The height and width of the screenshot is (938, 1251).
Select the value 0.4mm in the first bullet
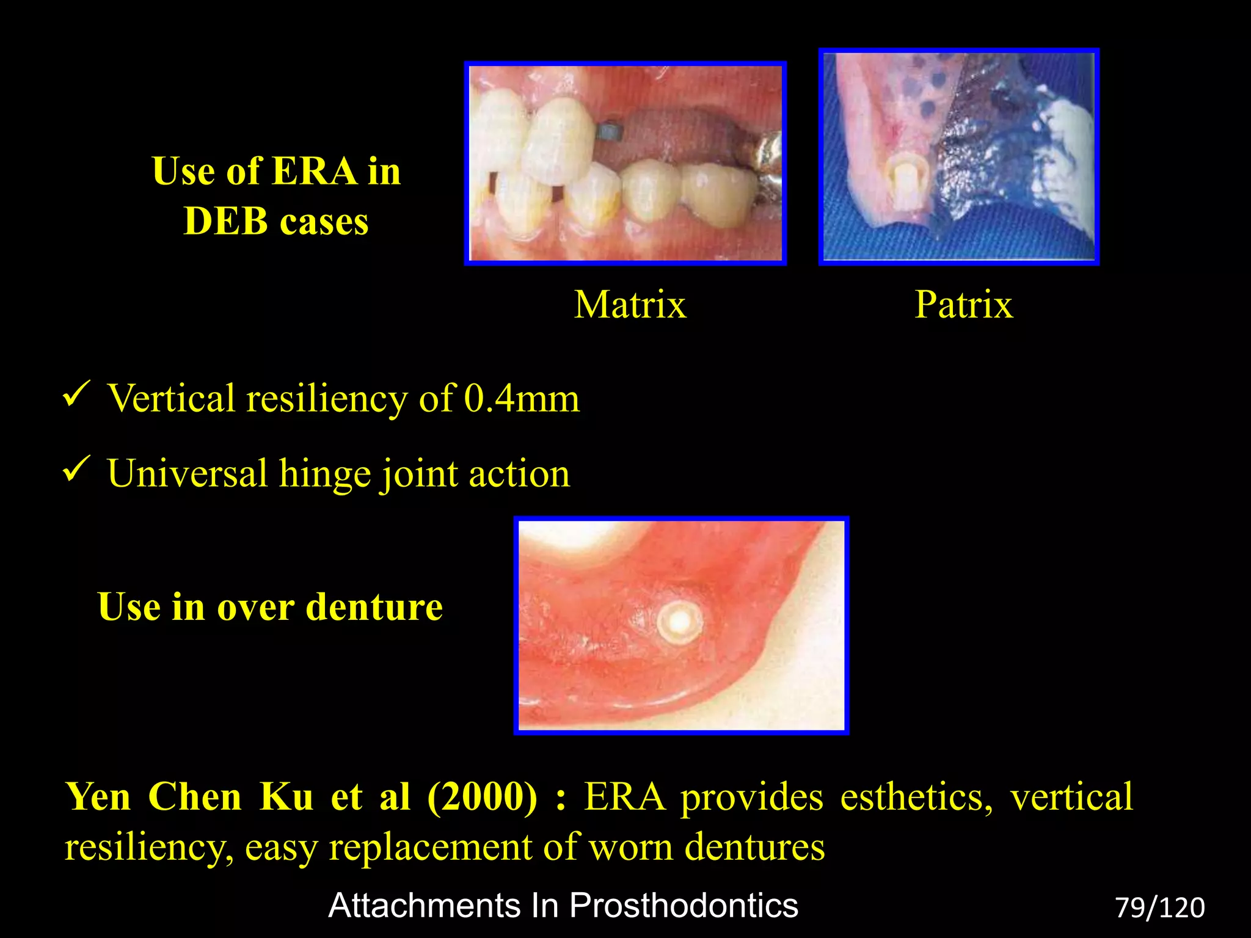tap(522, 399)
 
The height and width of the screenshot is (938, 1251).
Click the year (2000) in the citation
tap(483, 797)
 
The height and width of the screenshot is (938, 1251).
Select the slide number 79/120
tap(1159, 907)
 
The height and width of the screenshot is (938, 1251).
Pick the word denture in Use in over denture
tap(374, 607)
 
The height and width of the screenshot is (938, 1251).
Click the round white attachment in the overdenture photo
tap(679, 622)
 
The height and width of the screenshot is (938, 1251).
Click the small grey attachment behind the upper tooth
tap(608, 130)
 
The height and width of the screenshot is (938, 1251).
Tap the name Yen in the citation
tap(98, 797)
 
